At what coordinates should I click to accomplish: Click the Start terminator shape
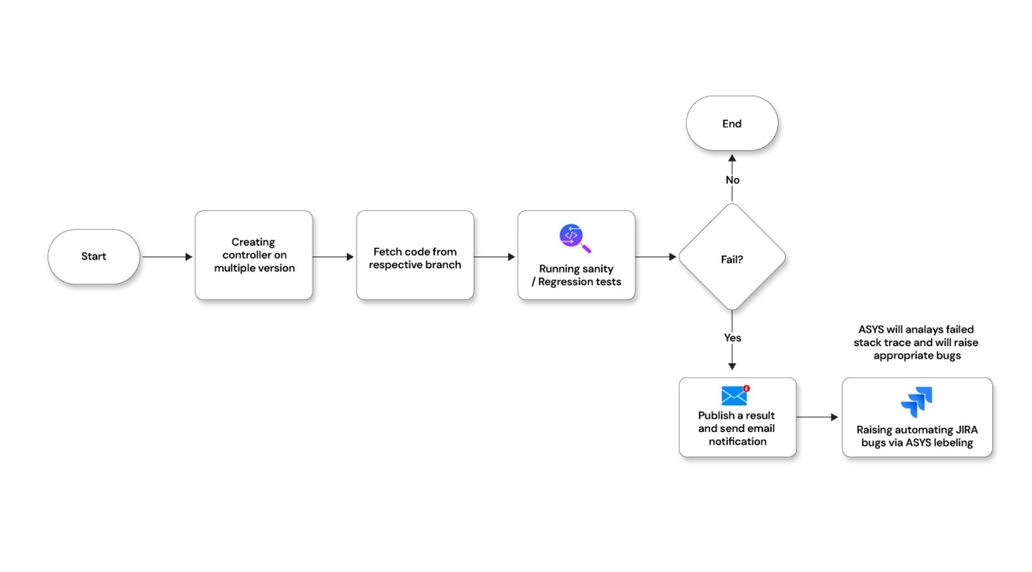point(94,256)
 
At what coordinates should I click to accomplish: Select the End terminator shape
point(731,123)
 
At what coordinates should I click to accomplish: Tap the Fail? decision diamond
point(731,258)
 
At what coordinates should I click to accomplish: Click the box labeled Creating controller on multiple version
point(253,255)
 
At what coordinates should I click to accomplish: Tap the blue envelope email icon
point(734,396)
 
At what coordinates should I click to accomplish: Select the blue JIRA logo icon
point(917,402)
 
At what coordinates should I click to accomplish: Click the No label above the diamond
point(732,180)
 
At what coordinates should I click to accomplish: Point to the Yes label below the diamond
point(732,338)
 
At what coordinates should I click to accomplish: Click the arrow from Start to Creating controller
point(167,257)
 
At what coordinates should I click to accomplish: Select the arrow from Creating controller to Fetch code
point(333,257)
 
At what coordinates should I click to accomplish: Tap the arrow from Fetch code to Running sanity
point(495,257)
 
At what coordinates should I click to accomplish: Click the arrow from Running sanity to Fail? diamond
point(655,257)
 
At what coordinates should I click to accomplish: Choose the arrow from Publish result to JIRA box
point(817,417)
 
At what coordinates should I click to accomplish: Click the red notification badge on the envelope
point(746,389)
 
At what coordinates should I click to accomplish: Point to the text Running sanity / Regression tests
point(577,275)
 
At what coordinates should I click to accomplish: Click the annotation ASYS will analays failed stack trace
point(916,342)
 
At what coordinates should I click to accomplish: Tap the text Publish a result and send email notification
point(737,428)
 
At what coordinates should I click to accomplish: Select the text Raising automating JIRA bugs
point(917,436)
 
